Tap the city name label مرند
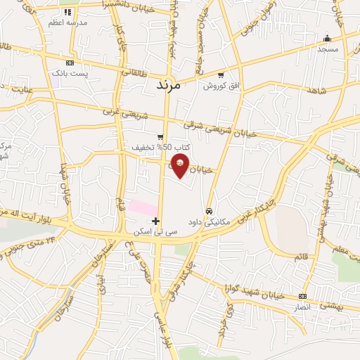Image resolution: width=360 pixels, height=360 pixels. [x=167, y=84]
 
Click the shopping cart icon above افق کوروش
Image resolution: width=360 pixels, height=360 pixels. [x=221, y=75]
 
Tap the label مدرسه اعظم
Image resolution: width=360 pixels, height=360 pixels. [x=68, y=23]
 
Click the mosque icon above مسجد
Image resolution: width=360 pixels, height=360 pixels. [x=327, y=38]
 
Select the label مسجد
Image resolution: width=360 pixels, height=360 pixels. [x=328, y=49]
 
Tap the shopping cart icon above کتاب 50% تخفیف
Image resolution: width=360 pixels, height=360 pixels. [x=161, y=137]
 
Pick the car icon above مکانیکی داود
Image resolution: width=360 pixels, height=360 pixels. [x=210, y=211]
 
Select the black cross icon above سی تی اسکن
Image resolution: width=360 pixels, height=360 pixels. [x=155, y=221]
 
